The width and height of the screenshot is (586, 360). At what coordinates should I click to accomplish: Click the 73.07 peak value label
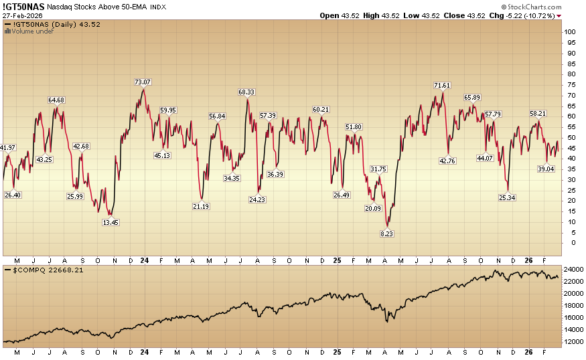(143, 82)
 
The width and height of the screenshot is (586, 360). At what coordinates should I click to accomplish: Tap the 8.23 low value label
(387, 234)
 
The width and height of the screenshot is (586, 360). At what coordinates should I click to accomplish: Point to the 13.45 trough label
(111, 222)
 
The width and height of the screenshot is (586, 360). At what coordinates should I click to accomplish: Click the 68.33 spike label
(246, 92)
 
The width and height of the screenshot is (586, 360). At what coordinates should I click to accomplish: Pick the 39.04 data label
(547, 169)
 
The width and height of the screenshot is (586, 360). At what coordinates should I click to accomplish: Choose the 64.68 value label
(56, 100)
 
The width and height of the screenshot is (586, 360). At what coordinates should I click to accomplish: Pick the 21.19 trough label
(201, 207)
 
